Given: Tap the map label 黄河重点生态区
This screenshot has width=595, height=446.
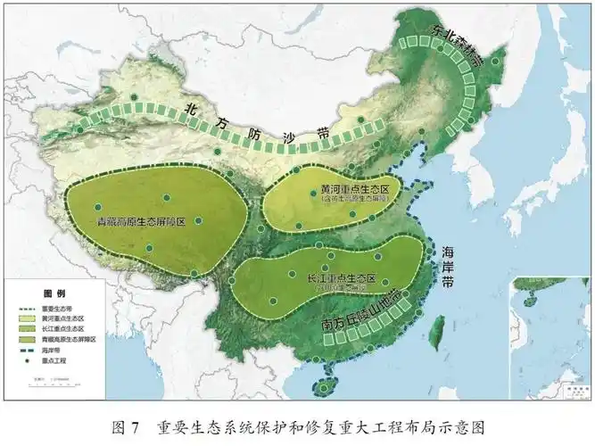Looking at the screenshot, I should (x=355, y=191).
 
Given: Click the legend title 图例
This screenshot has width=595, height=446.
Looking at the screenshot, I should (x=54, y=293).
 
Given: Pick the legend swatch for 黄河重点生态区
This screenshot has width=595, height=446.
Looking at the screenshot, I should (x=28, y=318).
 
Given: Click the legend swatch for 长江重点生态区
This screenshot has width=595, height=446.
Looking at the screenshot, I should (x=28, y=329).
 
